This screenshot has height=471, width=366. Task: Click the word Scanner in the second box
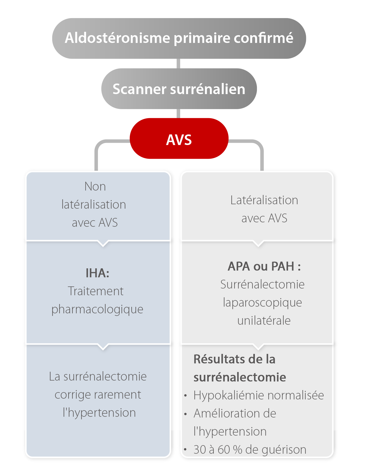coord(139,89)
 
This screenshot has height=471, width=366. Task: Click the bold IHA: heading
coord(97,273)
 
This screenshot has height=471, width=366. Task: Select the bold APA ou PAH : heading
coord(264,266)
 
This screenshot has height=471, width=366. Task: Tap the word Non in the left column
coord(95,186)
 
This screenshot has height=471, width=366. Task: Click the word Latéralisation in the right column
coord(264,200)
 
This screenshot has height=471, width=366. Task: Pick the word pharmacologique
coord(97,309)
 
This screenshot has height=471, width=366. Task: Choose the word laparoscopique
coord(262,303)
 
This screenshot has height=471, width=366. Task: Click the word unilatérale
coord(264,321)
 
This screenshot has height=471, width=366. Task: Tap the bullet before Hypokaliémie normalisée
coord(186,396)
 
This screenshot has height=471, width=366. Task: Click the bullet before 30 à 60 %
coord(186,450)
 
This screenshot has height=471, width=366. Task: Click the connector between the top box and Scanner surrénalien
coord(178,64)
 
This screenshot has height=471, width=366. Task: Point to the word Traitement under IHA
coord(96,291)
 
